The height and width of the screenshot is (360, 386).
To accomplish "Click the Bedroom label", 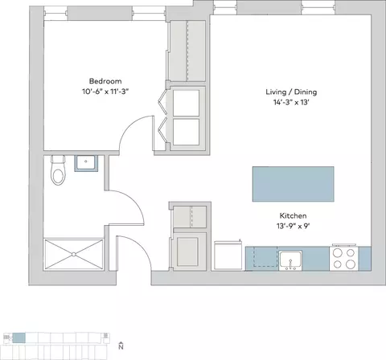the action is (x=105, y=81).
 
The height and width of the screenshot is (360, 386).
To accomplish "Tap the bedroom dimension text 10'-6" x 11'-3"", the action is (x=105, y=92).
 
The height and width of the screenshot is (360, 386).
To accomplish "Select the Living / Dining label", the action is (x=291, y=92).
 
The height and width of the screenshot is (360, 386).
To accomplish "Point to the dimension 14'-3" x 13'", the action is (x=291, y=102).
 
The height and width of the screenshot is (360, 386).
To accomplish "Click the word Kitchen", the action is (x=293, y=215).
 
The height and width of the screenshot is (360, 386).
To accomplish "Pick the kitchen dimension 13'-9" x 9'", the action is (x=293, y=226).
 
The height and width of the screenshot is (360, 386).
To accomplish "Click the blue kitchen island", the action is (x=294, y=184).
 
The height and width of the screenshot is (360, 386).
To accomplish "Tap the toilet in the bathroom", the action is (x=58, y=170).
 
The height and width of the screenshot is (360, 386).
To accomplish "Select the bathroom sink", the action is (x=86, y=163).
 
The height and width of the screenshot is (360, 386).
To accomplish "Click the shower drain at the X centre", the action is (x=74, y=254).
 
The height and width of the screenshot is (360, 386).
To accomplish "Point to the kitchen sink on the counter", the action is (x=290, y=260).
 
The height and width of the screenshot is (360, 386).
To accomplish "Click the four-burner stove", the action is (x=344, y=259).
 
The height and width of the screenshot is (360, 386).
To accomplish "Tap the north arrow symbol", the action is (x=121, y=346).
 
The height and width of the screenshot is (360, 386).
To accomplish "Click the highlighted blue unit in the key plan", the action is (x=18, y=337).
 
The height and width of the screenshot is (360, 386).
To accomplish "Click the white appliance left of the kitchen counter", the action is (x=228, y=256).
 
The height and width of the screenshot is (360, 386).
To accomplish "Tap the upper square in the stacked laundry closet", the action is (x=186, y=103).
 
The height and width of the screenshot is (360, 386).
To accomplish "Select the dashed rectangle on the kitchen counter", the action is (x=265, y=256).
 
